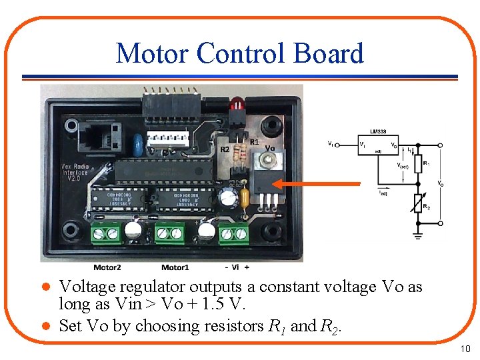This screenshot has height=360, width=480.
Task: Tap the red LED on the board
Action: click(235, 105)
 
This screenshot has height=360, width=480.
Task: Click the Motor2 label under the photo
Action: click(107, 267)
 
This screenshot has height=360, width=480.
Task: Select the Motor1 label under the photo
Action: click(175, 267)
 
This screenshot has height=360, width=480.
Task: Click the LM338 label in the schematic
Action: click(379, 132)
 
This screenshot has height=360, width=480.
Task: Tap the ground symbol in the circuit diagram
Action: click(418, 235)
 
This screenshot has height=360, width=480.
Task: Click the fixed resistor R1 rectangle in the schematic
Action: click(418, 162)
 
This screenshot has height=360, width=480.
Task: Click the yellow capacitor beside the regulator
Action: click(245, 198)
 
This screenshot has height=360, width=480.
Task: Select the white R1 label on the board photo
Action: click(254, 142)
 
